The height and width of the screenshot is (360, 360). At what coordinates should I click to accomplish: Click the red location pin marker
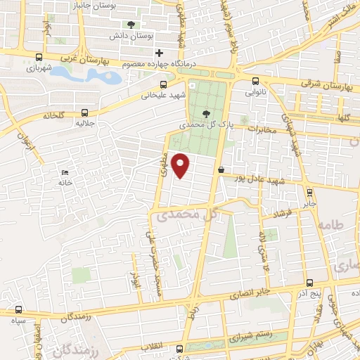tap(181, 165)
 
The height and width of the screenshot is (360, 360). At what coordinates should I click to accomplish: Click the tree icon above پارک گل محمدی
tap(205, 114)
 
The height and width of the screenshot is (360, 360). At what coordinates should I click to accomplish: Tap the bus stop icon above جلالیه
tap(85, 112)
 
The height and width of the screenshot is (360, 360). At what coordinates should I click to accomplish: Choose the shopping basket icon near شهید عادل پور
tap(221, 169)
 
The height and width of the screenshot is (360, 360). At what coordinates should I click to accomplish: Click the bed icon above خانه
tap(65, 173)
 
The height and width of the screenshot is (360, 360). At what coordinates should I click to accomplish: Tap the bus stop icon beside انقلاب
tap(180, 349)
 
